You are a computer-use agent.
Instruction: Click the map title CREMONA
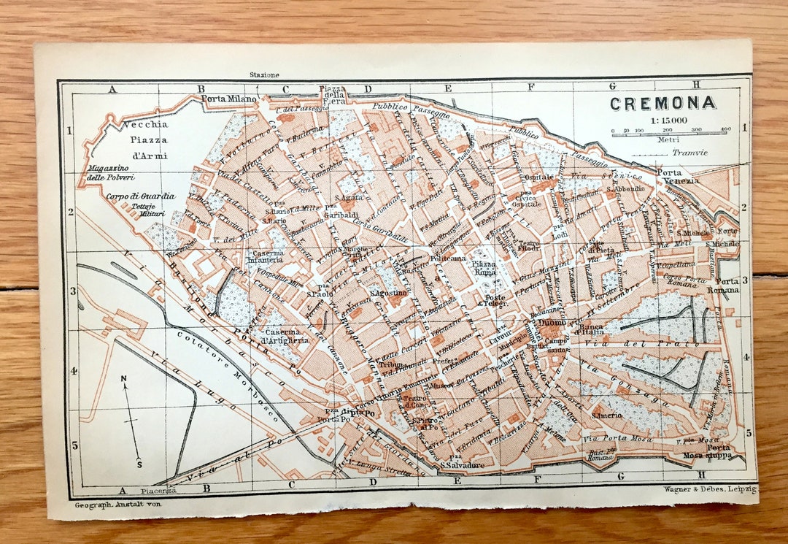click(663, 103)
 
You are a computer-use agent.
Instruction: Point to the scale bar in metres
click(671, 135)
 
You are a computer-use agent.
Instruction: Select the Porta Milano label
click(229, 99)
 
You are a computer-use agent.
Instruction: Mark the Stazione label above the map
click(264, 74)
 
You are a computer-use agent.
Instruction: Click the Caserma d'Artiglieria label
click(285, 336)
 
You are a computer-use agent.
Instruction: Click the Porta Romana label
click(727, 286)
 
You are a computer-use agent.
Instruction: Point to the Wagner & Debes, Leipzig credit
click(710, 489)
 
